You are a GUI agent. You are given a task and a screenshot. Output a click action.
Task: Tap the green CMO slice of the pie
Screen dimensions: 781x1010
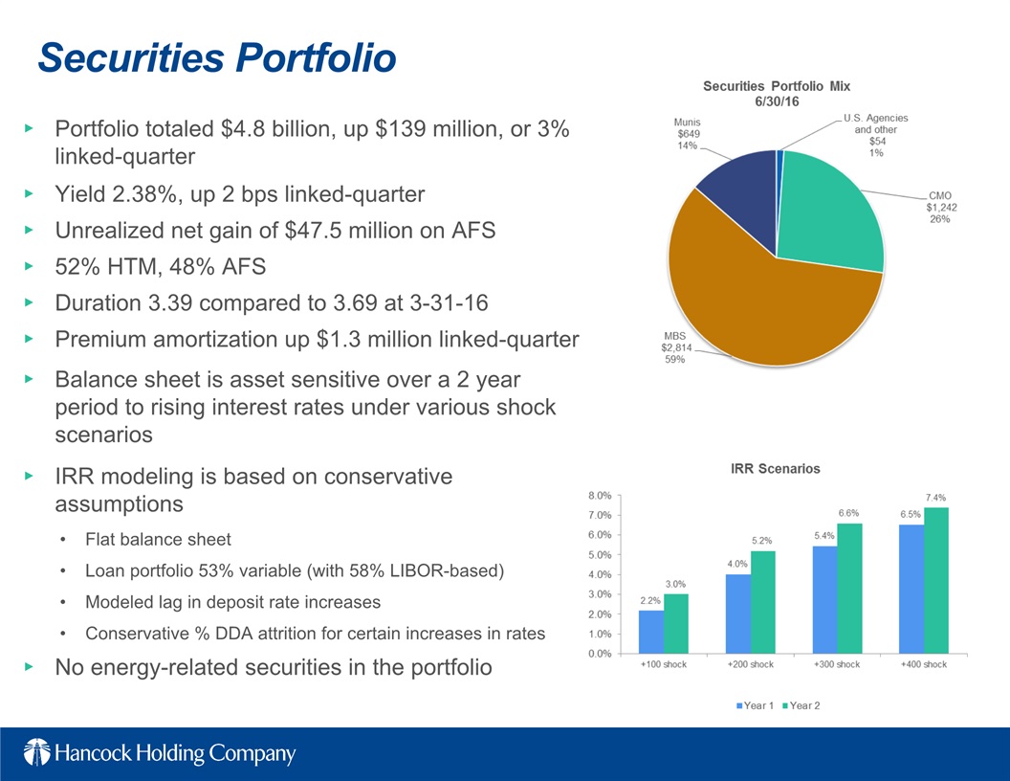click(x=827, y=215)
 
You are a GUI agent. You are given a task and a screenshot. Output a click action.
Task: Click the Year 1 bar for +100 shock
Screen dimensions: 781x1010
click(x=651, y=632)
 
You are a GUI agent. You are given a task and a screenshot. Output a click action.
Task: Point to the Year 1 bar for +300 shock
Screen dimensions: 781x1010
click(x=824, y=599)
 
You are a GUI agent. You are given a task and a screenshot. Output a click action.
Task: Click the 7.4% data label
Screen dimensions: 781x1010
click(x=935, y=498)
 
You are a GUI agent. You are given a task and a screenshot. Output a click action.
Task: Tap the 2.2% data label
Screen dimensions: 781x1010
click(x=650, y=601)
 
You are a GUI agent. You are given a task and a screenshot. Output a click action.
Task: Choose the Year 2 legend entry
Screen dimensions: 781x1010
click(x=801, y=706)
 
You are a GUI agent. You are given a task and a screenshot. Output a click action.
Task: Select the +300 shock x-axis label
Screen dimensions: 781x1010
click(x=837, y=665)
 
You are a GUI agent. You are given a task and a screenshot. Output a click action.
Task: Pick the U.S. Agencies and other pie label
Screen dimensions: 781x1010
click(x=875, y=134)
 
